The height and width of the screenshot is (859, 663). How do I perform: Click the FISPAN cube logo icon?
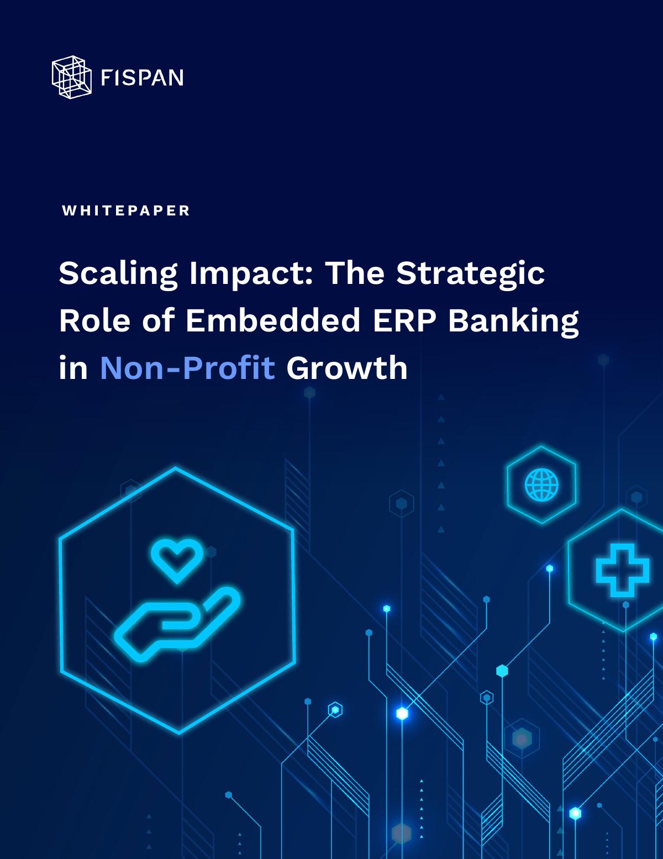tap(72, 77)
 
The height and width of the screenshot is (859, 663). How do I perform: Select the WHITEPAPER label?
tap(126, 210)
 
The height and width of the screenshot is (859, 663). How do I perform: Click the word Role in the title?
tap(94, 320)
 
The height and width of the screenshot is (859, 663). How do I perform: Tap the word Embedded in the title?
tap(273, 320)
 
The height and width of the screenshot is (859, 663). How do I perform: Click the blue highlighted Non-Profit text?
tap(187, 368)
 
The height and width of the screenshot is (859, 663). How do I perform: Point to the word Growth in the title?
tap(347, 368)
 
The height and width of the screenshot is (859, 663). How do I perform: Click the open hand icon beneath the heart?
tap(177, 624)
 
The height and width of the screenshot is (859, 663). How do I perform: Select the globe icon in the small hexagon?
tap(541, 484)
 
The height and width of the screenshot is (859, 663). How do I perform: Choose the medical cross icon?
tap(622, 571)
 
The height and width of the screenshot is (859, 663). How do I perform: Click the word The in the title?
tap(355, 273)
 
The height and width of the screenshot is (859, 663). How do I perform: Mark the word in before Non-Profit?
tap(73, 368)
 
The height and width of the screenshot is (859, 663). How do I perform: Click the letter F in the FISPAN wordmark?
tap(106, 78)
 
